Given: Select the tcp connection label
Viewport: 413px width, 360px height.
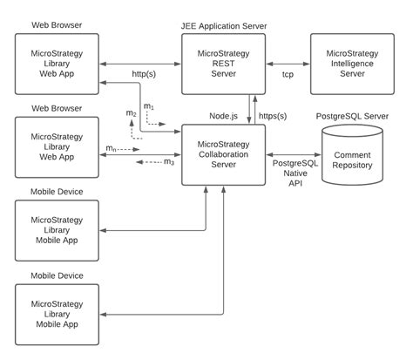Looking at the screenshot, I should coord(288,75).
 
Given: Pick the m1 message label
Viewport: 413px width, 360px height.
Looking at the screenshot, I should coord(149,106).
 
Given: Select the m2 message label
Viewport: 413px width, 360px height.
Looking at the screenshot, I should coord(131,115).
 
